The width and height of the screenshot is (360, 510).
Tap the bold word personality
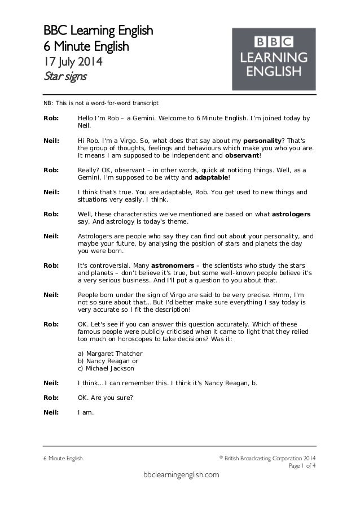tap(262, 141)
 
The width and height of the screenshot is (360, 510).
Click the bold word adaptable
tap(211, 178)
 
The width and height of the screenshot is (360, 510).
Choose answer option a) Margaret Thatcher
tap(110, 354)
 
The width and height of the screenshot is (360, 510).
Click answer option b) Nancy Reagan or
tap(108, 361)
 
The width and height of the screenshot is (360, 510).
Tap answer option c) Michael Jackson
tap(106, 369)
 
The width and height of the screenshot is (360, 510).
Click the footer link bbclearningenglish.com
tap(180, 476)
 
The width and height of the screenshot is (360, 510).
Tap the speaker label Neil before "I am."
tap(51, 413)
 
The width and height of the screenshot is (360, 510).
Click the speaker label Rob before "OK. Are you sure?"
tap(50, 398)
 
